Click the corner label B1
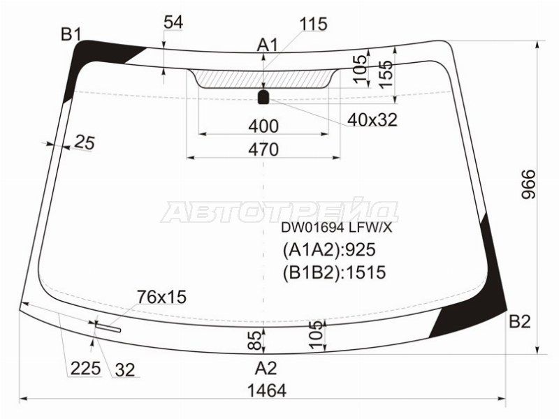pos(71,34)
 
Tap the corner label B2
pos(519,322)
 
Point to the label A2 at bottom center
pos(266,368)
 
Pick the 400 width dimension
pos(263,126)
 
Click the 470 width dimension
pos(263,149)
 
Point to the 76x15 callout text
pos(162,297)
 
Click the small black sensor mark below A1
pos(264,96)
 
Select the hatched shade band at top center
pos(264,78)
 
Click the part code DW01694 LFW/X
pos(337,227)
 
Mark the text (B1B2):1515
pos(334,272)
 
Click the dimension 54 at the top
pos(173,22)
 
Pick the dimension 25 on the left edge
pos(84,142)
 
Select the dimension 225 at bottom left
pos(85,368)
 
